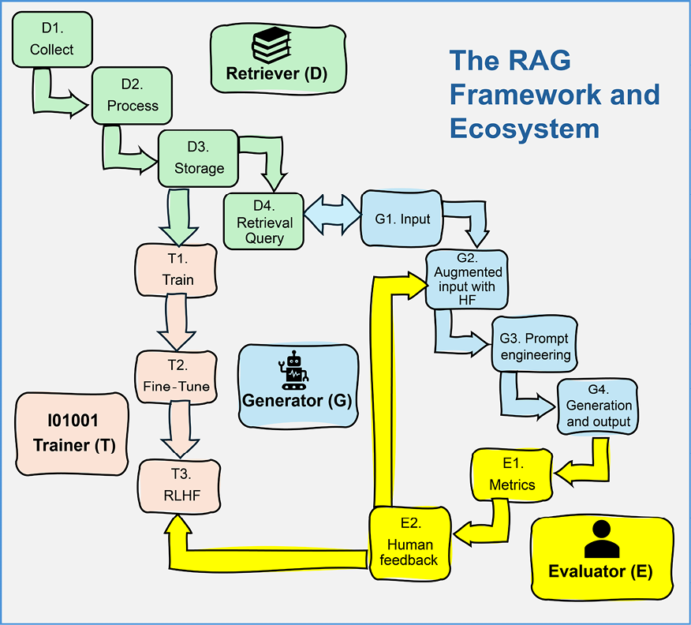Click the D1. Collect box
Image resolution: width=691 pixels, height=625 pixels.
pos(52,39)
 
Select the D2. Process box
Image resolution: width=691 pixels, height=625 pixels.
pos(133,95)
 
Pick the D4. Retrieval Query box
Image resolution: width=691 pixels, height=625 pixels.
pos(264,222)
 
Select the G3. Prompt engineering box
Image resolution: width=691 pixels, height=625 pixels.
pos(535,345)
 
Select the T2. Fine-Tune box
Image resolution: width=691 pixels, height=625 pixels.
pos(177,377)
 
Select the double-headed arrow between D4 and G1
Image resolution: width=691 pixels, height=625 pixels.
pos(331,215)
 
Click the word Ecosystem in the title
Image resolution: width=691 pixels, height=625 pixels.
pos(525,129)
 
